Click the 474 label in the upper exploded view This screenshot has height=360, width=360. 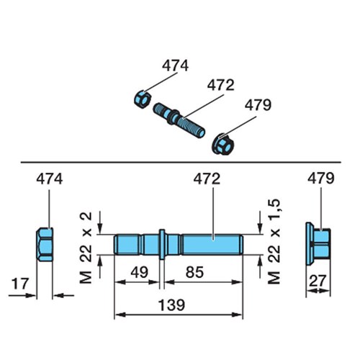pyautogui.click(x=175, y=66)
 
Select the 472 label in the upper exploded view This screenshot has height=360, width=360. pyautogui.click(x=220, y=85)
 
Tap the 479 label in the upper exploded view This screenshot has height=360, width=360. pyautogui.click(x=258, y=105)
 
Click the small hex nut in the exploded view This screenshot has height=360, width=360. pyautogui.click(x=143, y=99)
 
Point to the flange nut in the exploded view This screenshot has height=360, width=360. pyautogui.click(x=222, y=144)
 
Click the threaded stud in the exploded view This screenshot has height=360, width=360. pyautogui.click(x=179, y=120)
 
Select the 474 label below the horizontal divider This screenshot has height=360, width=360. pyautogui.click(x=50, y=179)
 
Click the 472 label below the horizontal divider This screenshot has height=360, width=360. pyautogui.click(x=207, y=179)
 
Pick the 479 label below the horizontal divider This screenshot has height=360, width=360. pyautogui.click(x=321, y=179)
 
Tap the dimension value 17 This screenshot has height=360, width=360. pyautogui.click(x=20, y=284)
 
